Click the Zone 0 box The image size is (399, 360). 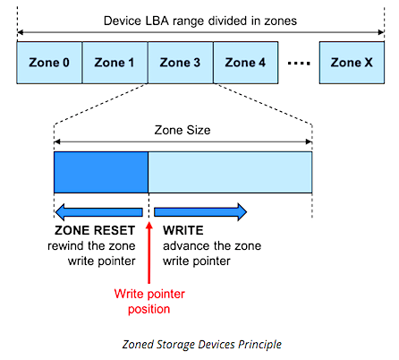(49, 63)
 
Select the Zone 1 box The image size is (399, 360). (115, 63)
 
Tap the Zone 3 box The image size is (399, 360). (181, 63)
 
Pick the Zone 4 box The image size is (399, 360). (246, 63)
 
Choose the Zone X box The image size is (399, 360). (352, 63)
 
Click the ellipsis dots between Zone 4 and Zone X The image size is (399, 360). (299, 64)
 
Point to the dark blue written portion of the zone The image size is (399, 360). (101, 172)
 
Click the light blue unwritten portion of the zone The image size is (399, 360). (230, 172)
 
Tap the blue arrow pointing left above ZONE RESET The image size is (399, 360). (99, 212)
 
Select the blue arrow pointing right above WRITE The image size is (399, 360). (200, 212)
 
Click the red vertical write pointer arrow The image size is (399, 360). (149, 253)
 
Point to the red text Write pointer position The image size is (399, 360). (149, 302)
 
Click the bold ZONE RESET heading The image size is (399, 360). (95, 230)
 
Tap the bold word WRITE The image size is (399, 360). (183, 230)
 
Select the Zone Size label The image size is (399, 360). (183, 130)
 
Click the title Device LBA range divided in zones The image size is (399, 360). (200, 21)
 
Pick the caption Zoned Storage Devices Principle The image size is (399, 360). (202, 345)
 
